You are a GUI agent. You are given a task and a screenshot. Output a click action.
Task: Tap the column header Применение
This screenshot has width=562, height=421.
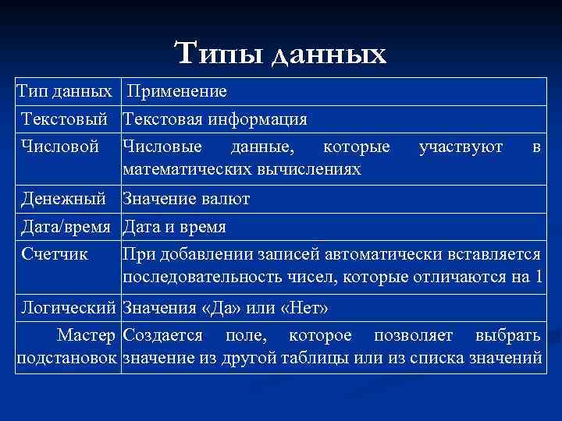[177, 92]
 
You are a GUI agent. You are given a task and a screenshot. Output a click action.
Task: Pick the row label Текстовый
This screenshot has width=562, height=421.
[64, 120]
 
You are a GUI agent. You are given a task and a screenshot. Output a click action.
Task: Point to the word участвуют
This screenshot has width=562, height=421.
[461, 146]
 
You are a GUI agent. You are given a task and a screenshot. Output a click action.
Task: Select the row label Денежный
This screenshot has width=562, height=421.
[65, 199]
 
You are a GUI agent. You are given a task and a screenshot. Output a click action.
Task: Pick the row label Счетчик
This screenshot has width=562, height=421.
[55, 254]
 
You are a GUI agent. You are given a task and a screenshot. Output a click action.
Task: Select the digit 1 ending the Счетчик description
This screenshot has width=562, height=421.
[536, 279]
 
